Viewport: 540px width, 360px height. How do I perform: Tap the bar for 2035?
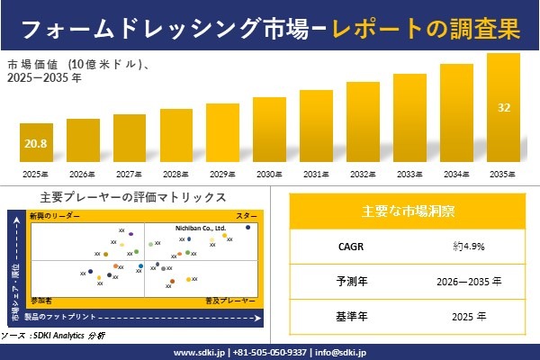(503, 108)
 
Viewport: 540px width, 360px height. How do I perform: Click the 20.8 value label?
(37, 144)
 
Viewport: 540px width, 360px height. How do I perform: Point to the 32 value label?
(504, 108)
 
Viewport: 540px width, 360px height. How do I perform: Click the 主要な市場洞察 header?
(408, 211)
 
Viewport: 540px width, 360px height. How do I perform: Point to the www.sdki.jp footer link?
(200, 352)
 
